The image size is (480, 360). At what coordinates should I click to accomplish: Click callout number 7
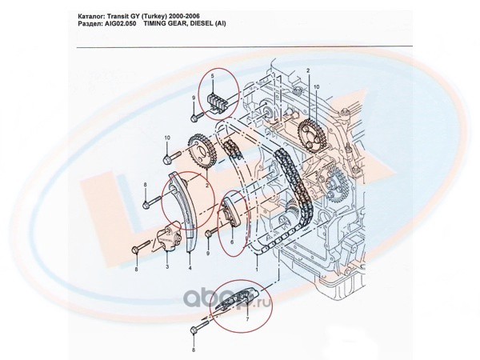click(247, 318)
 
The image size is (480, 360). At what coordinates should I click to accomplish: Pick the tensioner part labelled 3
click(166, 237)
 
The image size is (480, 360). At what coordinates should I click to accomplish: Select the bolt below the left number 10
click(168, 154)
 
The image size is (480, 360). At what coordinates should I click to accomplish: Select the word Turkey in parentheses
click(150, 14)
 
